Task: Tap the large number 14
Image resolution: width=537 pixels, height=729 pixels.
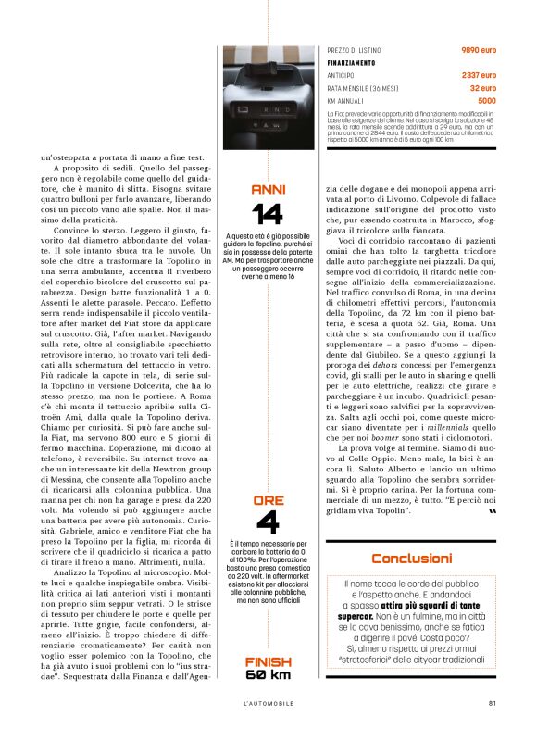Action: (268, 214)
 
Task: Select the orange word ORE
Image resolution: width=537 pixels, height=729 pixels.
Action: (268, 501)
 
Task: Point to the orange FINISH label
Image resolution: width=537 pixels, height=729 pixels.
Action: (268, 661)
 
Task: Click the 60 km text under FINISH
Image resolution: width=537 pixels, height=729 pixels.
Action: (268, 674)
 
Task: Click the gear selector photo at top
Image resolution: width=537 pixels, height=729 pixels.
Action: (268, 88)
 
